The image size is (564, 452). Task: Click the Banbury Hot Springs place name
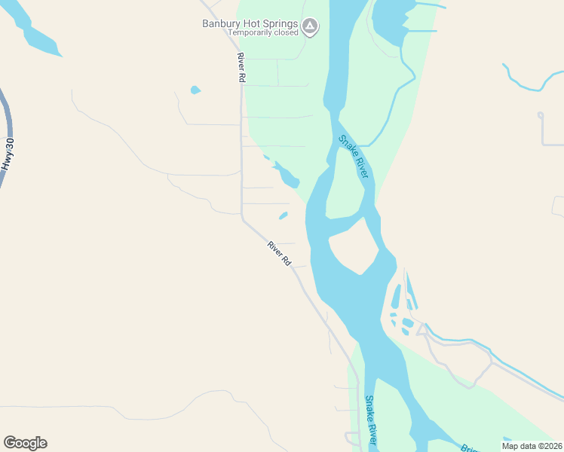[x=250, y=23]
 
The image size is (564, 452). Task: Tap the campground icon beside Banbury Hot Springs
[x=309, y=28]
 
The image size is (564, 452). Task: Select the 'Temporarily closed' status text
[x=263, y=33]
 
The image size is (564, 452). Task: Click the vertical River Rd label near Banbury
[x=241, y=68]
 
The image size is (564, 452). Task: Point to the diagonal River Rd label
[x=279, y=252]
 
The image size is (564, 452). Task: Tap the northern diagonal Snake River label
[x=353, y=156]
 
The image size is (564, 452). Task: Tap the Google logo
[x=25, y=443]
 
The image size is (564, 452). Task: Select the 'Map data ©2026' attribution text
[x=531, y=445]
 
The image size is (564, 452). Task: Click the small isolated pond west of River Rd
[x=195, y=90]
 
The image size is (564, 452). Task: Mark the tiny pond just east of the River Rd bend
[x=283, y=215]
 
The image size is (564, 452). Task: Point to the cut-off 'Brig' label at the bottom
[x=468, y=447]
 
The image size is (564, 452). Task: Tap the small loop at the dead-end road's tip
[x=540, y=115]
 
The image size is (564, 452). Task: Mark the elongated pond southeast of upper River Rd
[x=288, y=177]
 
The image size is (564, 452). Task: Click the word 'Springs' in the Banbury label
[x=278, y=23]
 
